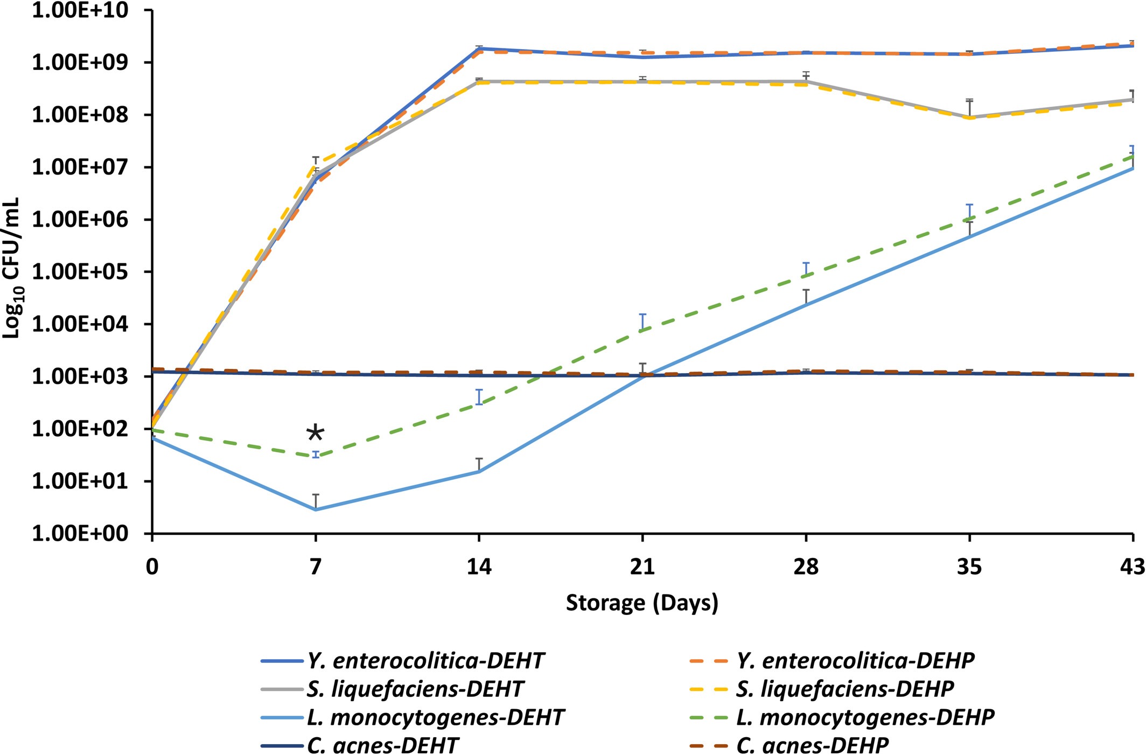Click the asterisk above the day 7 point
coord(315,434)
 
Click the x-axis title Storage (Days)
coord(642,603)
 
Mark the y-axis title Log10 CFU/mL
coord(12,268)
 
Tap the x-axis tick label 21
coord(642,567)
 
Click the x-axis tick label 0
coord(152,567)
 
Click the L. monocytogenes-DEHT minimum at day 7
coord(316,509)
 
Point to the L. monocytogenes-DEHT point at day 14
coord(479,472)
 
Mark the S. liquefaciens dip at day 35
coord(970,117)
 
